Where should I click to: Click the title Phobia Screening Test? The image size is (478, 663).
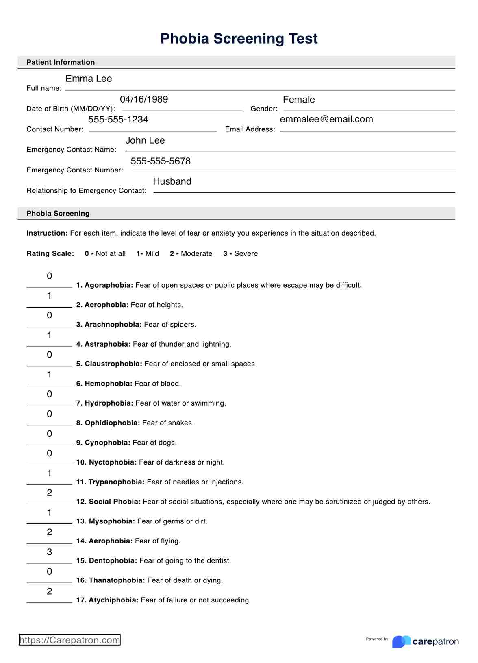point(239,39)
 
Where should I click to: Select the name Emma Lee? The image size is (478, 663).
point(89,79)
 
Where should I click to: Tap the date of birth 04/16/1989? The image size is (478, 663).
point(144,99)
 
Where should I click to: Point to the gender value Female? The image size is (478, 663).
point(299,100)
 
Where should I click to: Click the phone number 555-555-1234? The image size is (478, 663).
point(118,120)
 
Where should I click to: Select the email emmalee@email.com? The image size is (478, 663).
point(326,119)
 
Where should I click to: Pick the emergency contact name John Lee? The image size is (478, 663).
point(145,140)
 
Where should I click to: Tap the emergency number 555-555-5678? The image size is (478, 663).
point(161,161)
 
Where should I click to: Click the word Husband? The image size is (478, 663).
point(172,181)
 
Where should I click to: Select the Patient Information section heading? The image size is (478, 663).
point(61,62)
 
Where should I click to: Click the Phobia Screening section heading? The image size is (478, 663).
point(58,214)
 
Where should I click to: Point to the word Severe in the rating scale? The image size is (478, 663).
point(246,254)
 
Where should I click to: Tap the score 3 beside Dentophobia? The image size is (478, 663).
point(50,552)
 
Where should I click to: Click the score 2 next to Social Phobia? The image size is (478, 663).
point(50,493)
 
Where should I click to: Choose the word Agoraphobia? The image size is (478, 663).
point(109,285)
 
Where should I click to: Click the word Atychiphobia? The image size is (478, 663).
point(113,600)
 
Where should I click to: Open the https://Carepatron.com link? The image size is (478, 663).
point(70,640)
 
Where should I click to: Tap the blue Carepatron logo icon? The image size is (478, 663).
point(401,641)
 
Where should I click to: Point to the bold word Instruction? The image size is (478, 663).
point(47,233)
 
